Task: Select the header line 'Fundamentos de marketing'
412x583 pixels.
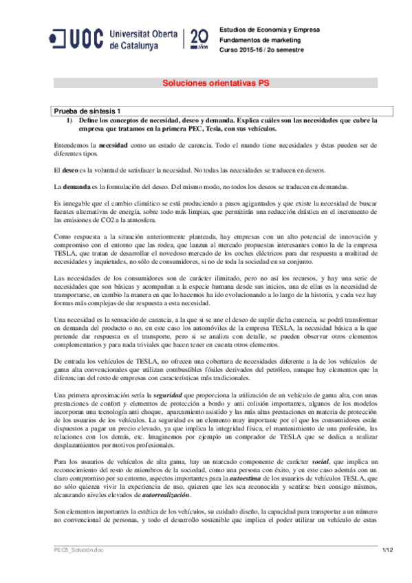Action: click(250, 40)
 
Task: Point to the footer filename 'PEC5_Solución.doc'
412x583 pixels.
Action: click(80, 570)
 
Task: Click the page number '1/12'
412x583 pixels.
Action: click(387, 570)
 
